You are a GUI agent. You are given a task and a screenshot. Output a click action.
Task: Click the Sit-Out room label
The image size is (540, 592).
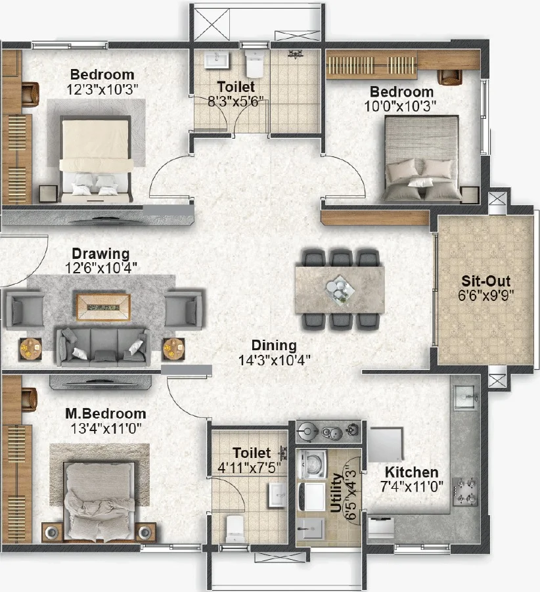[485, 281]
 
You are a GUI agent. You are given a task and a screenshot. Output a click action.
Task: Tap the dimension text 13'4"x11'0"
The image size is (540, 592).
[106, 428]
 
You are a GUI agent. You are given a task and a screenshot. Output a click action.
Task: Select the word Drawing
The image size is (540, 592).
[101, 254]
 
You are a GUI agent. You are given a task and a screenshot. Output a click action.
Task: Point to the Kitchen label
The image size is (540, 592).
[411, 472]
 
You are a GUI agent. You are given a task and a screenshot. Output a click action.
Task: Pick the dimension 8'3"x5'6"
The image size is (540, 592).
[236, 101]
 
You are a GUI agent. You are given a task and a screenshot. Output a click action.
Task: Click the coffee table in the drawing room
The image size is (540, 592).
[103, 307]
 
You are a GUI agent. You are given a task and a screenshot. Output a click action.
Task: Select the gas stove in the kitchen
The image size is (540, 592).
[466, 491]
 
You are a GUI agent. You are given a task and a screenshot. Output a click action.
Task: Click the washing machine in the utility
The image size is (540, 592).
[311, 464]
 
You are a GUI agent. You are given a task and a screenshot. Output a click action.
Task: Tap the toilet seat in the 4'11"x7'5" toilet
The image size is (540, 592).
[235, 528]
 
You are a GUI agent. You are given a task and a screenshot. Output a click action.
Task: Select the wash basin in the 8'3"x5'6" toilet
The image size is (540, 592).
[217, 60]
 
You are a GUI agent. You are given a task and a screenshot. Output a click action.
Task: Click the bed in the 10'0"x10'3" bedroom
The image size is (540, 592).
[422, 158]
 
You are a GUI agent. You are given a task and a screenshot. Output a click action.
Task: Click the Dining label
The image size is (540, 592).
[274, 346]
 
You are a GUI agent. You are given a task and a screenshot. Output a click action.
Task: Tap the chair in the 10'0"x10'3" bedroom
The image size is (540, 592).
[450, 77]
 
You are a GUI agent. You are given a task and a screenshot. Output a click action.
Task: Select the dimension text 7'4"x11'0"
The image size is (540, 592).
[411, 487]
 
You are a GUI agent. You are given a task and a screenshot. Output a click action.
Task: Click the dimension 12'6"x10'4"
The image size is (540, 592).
[101, 268]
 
